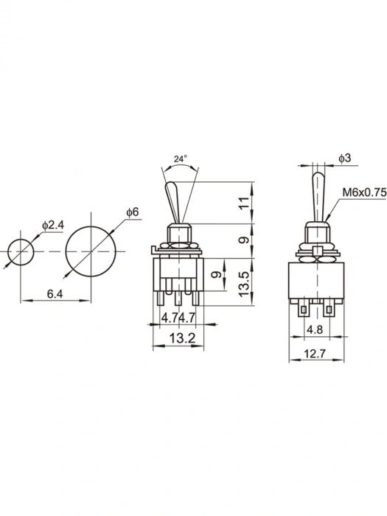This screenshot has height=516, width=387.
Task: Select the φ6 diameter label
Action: [132, 212]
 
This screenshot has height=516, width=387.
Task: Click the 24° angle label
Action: [181, 158]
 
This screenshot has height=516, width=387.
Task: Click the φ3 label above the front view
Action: [344, 158]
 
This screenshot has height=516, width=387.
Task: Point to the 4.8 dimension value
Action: [315, 329]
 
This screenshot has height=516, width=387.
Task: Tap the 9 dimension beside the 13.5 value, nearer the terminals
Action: [215, 275]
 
